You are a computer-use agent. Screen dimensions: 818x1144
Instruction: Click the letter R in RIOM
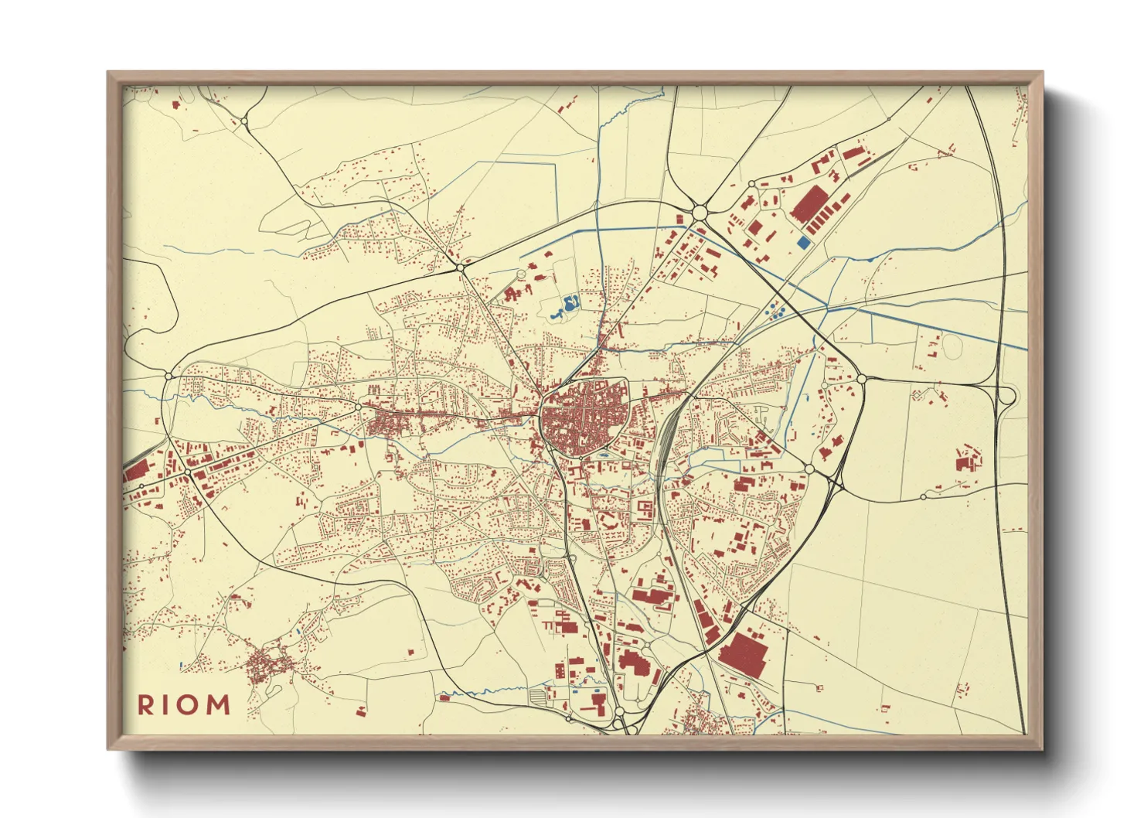[145, 704]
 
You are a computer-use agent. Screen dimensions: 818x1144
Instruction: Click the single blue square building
[804, 243]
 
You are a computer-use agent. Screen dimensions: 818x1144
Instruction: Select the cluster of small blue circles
[775, 312]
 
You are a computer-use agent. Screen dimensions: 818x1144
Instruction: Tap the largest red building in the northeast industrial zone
[809, 203]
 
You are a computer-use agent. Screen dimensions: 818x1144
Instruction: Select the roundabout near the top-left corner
[244, 121]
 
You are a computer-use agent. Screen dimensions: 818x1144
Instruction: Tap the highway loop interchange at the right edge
[1006, 397]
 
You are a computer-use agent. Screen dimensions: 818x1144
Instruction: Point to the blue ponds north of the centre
[567, 308]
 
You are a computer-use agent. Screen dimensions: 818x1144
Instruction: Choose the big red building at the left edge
[136, 471]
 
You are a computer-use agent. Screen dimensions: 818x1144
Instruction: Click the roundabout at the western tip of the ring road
[169, 376]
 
